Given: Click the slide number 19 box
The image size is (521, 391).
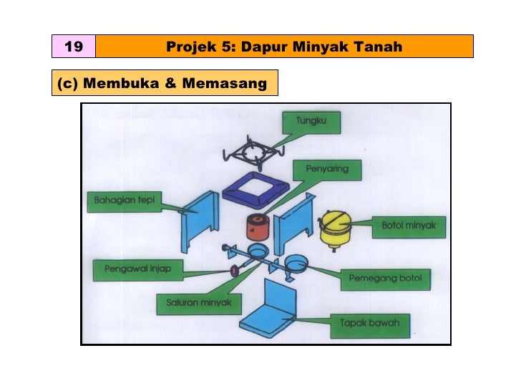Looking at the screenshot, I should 73,47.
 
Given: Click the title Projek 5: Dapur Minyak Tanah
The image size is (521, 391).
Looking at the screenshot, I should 284,47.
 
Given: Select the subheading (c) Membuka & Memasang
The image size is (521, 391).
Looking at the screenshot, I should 162,83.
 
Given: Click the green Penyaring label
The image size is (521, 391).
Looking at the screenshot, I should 327,170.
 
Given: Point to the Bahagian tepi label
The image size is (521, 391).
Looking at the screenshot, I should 125,200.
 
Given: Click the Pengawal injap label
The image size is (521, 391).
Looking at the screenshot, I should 137,270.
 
